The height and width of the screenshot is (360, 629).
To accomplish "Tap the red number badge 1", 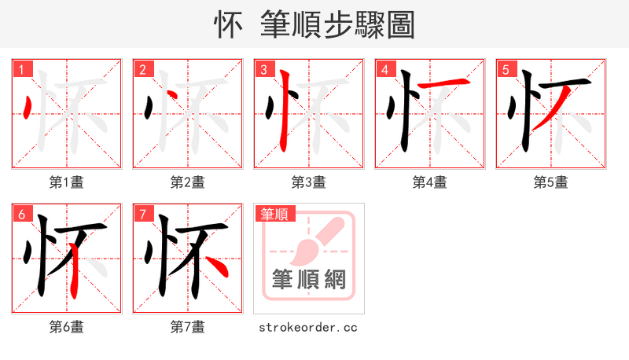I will [21, 69].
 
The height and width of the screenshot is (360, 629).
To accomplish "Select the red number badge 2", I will [142, 69].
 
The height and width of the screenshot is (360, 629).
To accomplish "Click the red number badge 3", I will [263, 69].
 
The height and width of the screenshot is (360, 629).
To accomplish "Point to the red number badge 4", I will [384, 69].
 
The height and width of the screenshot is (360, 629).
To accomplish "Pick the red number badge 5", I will [506, 69].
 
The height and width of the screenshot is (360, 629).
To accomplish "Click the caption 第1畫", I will [66, 182].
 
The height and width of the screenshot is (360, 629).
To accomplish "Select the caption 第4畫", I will [429, 182].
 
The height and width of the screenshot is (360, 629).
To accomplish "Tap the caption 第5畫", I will [550, 182].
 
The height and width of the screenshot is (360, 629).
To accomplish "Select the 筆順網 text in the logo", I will [308, 279].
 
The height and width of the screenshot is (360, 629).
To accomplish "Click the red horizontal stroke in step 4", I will [444, 83].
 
